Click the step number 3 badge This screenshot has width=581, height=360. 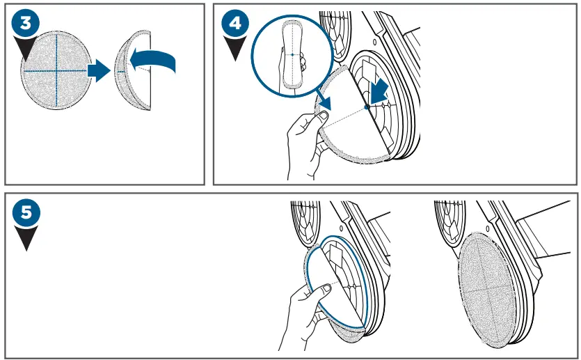tap(26, 22)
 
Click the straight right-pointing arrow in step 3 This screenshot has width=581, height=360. tap(99, 70)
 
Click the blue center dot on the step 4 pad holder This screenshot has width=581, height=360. tap(366, 107)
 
